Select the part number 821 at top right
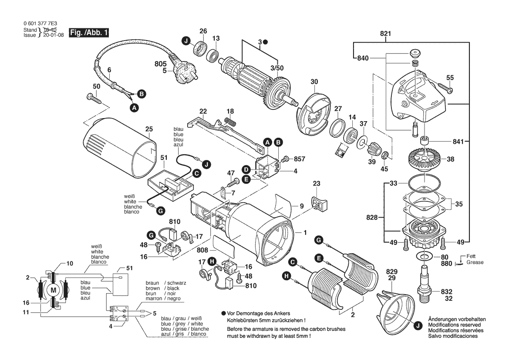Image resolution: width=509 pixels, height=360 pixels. pos(386,34)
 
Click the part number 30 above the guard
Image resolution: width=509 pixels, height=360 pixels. pos(314,82)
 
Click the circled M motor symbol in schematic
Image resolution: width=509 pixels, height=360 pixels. pos(54,290)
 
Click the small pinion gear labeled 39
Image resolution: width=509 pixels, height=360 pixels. pos(373,152)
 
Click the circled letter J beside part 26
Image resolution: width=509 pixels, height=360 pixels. pos(186,41)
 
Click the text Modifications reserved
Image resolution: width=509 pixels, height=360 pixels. pos(455,325)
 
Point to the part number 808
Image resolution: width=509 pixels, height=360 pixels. pos(203,251)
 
